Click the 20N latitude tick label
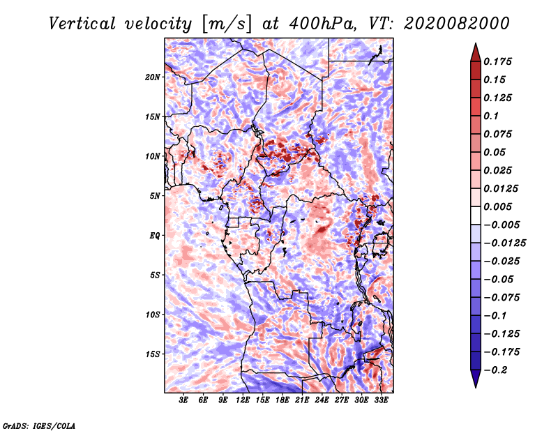pos(153,77)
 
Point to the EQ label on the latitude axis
pos(154,236)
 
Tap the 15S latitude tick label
pos(153,354)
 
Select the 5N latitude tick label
pos(155,196)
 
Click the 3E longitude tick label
pos(183,400)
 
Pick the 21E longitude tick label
pos(302,400)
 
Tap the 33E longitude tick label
pos(381,400)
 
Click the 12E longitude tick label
pos(242,400)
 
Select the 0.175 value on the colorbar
pos(497,61)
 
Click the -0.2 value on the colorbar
pos(495,370)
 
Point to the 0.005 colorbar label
pos(497,206)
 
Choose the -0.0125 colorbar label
pos(504,243)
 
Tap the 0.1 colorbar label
pos(491,116)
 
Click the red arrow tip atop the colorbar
pos(476,43)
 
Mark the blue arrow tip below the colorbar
pos(476,387)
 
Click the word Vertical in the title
pos(82,24)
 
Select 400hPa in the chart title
pos(323,24)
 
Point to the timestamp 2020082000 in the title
pos(457,24)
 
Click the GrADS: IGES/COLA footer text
pos(39,425)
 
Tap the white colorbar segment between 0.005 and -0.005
pos(476,215)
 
